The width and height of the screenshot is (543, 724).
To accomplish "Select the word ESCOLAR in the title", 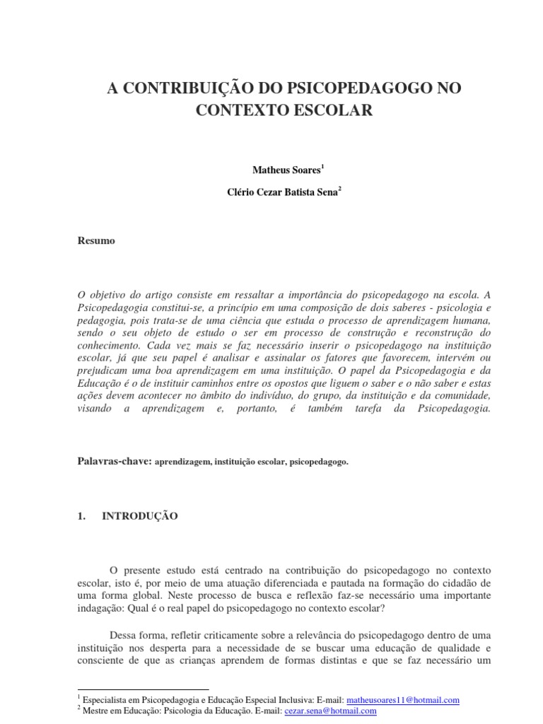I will [336, 111].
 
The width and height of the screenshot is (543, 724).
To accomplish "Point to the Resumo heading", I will [95, 241].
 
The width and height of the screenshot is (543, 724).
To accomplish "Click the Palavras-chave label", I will [114, 460].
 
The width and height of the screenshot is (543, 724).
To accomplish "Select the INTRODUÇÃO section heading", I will [140, 517].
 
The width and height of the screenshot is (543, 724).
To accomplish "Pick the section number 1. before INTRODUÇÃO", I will [81, 517].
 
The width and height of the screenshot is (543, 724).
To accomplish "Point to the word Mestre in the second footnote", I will [97, 711].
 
